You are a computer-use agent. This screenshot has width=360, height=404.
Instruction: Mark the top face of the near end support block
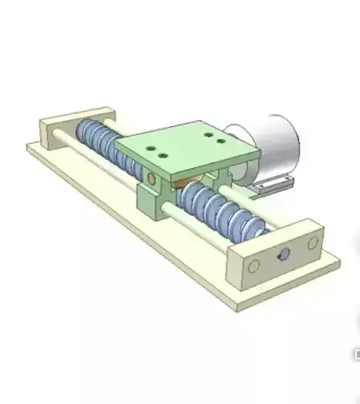pyautogui.click(x=274, y=239)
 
